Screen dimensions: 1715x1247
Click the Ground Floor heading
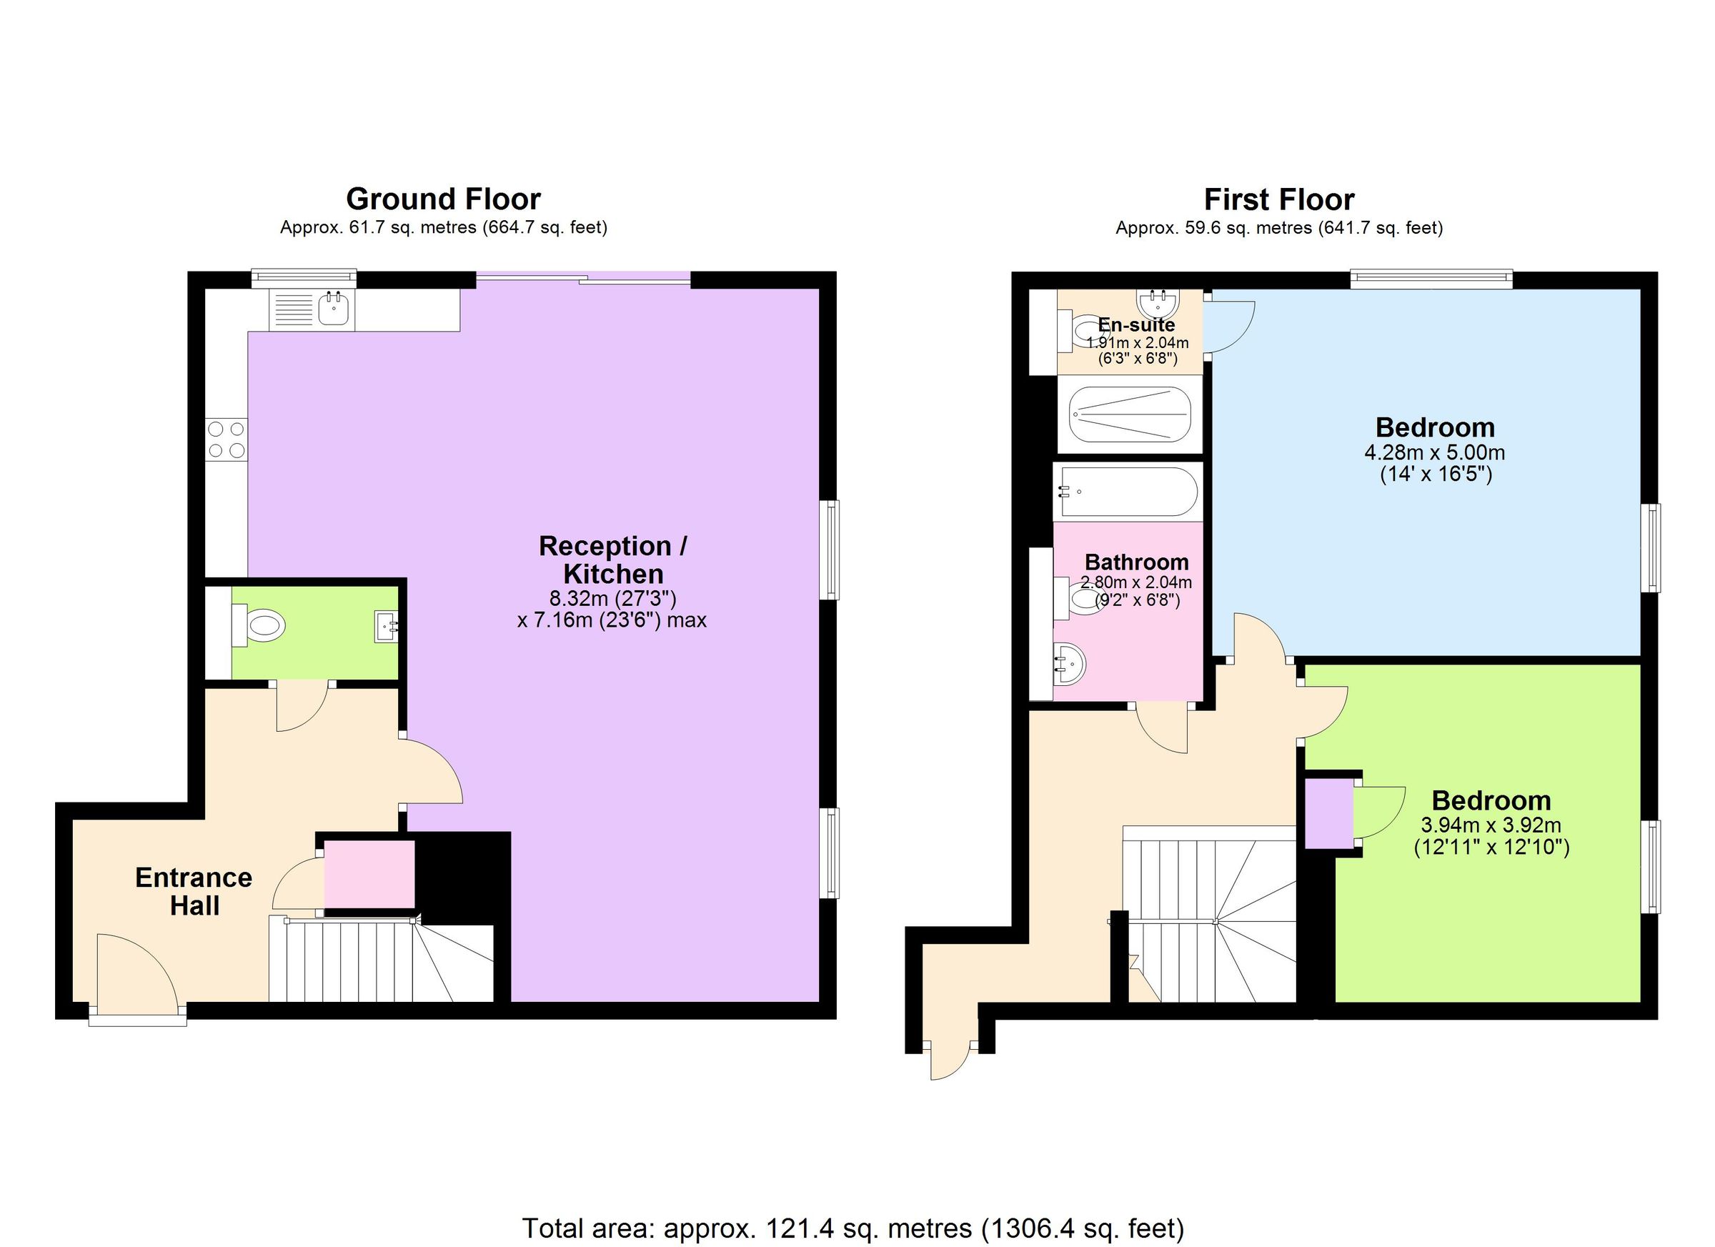coord(443,199)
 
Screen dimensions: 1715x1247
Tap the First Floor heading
coord(1278,199)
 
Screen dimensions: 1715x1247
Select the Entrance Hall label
coord(194,892)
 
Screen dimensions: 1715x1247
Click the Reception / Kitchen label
coord(612,560)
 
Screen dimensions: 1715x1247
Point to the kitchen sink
coord(334,309)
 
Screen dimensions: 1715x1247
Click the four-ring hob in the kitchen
coord(227,440)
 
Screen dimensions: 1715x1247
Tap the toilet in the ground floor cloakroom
coord(259,625)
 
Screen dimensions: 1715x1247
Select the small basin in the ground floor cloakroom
coord(387,626)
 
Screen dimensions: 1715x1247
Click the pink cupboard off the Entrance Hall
coord(369,873)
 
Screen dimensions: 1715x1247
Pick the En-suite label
coord(1136,325)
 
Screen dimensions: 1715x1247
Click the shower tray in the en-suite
coord(1130,414)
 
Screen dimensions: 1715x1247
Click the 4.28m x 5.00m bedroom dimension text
coord(1434,453)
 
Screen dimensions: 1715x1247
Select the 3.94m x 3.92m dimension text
coord(1491,826)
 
